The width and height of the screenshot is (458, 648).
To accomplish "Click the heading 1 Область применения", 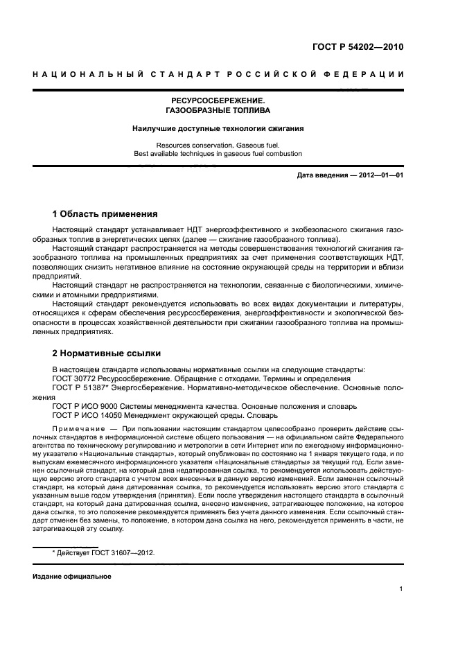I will coord(105,213).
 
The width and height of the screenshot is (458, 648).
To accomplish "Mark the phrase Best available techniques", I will coord(170,154).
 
